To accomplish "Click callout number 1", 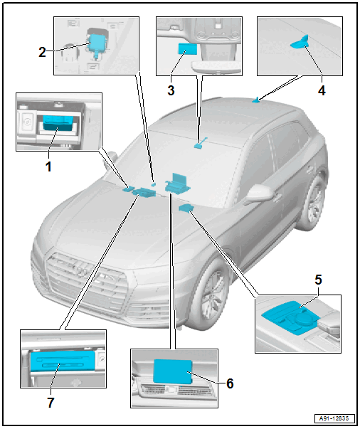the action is (x=48, y=166).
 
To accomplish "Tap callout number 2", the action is (x=42, y=52).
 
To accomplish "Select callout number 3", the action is (x=171, y=90).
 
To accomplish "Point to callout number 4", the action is (x=322, y=90).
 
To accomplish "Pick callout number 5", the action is (x=318, y=280).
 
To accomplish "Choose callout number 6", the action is (x=230, y=383).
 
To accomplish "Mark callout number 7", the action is (x=51, y=403).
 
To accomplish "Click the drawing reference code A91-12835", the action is (x=334, y=418).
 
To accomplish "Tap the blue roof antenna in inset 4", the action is (x=301, y=43).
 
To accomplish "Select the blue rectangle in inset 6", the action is (x=173, y=371).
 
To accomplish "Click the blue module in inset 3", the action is (x=187, y=49).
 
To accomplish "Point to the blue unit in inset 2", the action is (x=96, y=44).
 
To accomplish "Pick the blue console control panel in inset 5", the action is (x=290, y=317).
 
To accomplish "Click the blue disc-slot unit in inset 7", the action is (x=63, y=361).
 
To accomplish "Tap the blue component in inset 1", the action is (x=58, y=122).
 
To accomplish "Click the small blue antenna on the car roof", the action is (x=257, y=100).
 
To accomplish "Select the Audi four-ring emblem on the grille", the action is (x=83, y=270).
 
